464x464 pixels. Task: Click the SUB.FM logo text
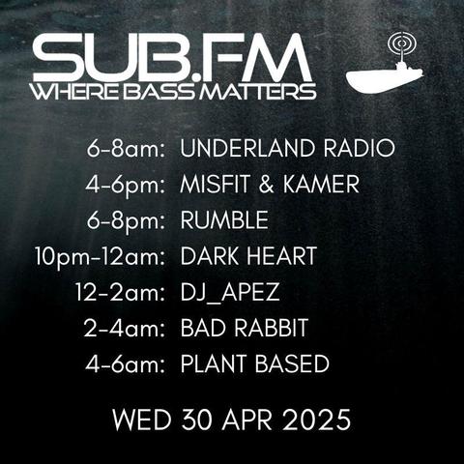172,58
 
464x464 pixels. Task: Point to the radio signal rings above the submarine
401,43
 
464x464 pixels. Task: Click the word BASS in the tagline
159,91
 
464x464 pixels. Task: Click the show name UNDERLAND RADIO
287,148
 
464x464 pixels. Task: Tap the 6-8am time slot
126,149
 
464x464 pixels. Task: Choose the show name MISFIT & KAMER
270,184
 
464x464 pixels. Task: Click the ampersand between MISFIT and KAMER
266,185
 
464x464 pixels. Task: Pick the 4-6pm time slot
126,186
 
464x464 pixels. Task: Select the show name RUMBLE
224,220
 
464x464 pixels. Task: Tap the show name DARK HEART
248,256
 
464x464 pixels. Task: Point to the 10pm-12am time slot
100,258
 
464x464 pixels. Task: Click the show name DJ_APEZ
230,293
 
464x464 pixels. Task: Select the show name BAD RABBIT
245,328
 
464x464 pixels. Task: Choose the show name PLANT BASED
254,363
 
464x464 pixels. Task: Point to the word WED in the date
142,420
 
